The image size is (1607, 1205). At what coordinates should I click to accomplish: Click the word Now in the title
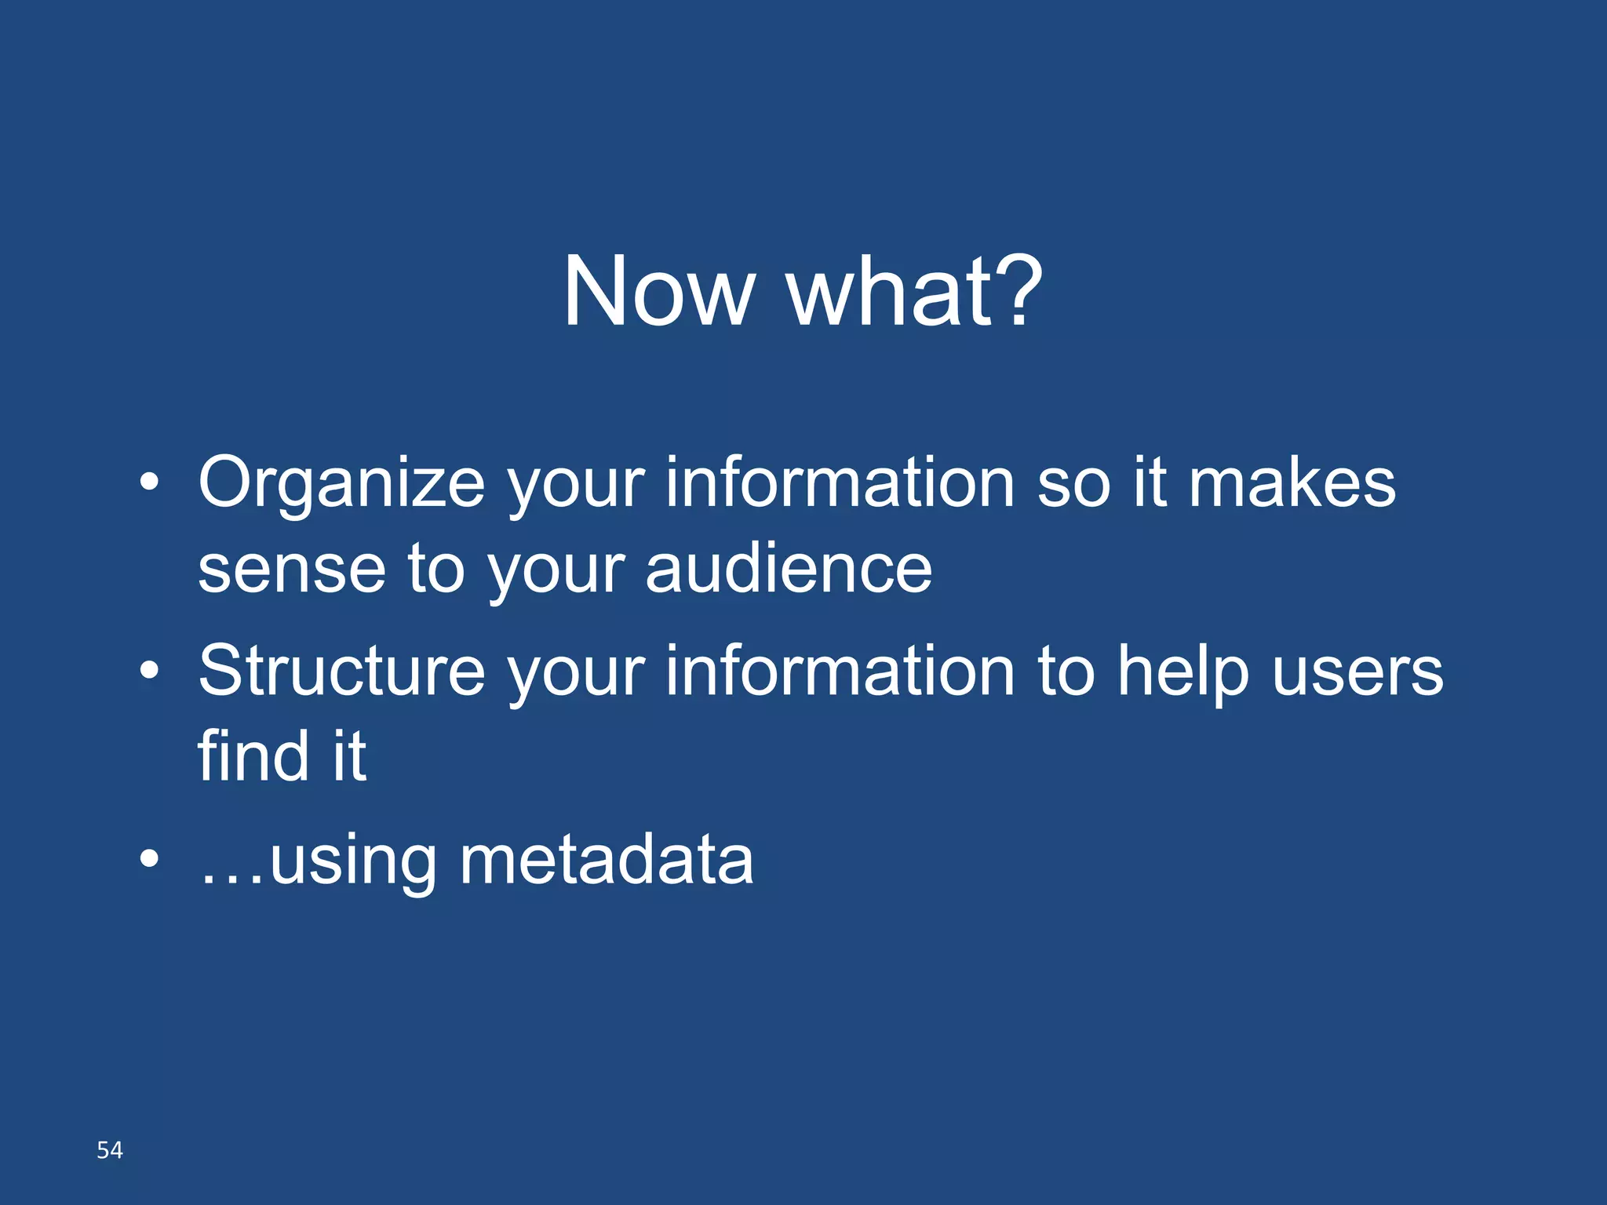tap(658, 292)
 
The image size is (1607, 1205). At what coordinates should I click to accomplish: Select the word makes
tap(1292, 483)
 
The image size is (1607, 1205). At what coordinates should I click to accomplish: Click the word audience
tap(789, 568)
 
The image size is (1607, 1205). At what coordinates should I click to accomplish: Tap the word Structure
tap(341, 672)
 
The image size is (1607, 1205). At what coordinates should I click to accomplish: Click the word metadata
tap(606, 861)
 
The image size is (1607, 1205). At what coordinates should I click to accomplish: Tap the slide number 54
tap(110, 1150)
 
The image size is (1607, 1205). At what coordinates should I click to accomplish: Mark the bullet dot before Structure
tap(149, 670)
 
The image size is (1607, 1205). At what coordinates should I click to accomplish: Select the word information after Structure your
tap(840, 672)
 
